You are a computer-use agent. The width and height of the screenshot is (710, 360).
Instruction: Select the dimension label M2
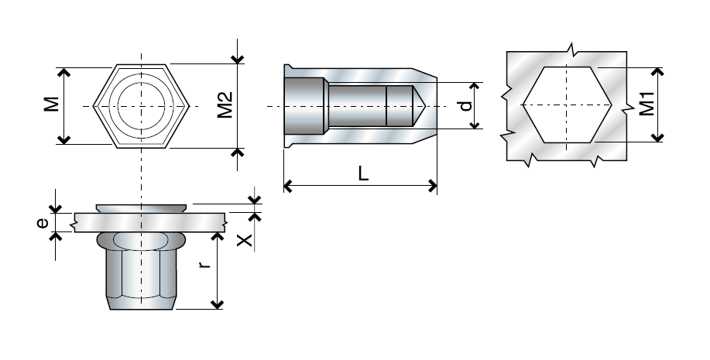pos(224,105)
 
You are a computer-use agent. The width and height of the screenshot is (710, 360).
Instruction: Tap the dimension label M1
pos(647,104)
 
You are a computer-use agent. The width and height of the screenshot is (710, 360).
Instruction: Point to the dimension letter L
pos(362,173)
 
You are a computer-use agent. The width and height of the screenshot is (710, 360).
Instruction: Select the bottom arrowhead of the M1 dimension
pos(657,137)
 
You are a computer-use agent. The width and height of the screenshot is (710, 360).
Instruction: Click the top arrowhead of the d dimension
pos(474,86)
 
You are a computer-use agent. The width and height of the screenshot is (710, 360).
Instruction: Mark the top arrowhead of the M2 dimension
pos(238,59)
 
